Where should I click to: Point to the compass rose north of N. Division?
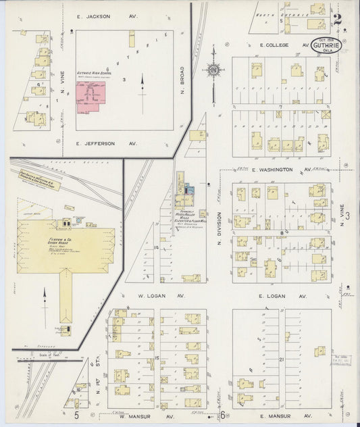(213, 70)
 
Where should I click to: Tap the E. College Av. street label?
(284, 45)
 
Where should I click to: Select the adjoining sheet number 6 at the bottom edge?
(221, 416)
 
